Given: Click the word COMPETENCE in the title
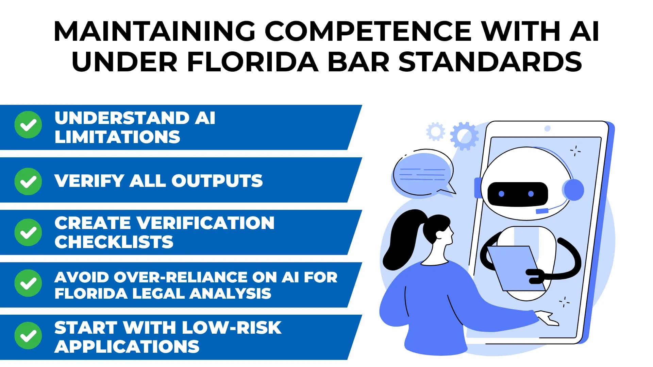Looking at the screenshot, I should (368, 31).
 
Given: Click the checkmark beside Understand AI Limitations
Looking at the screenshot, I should (28, 125).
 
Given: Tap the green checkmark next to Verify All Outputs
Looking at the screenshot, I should (28, 181).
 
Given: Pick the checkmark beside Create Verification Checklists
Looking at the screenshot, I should (28, 232).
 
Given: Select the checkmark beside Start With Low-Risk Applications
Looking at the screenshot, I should (28, 336).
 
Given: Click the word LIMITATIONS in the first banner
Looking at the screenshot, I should (117, 137).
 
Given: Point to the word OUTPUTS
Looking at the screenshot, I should (217, 181).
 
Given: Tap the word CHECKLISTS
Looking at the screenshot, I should (114, 242).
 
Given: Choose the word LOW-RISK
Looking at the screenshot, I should (231, 328).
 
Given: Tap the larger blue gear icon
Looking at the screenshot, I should (464, 136).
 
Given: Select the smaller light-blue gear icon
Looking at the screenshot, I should (436, 132).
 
